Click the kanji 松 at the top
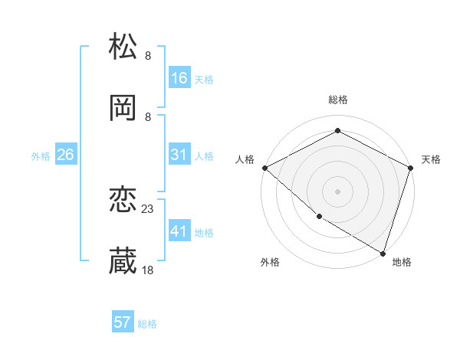point(123,47)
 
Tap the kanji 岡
point(123,108)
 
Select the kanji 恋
point(123,201)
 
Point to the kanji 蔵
point(123,261)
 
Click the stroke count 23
point(148,208)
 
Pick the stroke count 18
point(148,270)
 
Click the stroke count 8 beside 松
point(148,55)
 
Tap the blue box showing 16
point(179,78)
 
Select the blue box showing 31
point(179,155)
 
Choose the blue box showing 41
point(179,231)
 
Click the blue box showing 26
point(65,155)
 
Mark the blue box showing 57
point(123,322)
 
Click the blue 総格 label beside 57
point(147,324)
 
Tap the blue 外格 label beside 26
point(41,156)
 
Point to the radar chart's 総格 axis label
point(337,100)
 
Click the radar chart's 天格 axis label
point(431,159)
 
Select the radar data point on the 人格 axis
point(264,168)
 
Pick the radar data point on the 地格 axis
point(383,252)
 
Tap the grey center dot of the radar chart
point(337,191)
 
